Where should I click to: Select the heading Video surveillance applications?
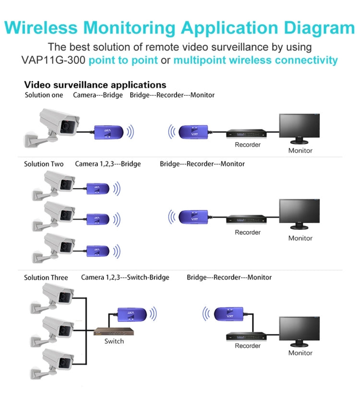[x=95, y=85]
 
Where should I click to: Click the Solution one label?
[x=44, y=95]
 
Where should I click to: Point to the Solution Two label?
[x=44, y=164]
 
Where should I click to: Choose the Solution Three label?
[x=46, y=277]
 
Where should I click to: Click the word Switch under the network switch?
[x=114, y=341]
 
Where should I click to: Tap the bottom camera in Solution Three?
[x=53, y=361]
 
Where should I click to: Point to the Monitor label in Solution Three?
[x=300, y=353]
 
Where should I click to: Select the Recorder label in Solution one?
[x=248, y=145]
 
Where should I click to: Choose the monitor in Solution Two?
[x=299, y=215]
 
